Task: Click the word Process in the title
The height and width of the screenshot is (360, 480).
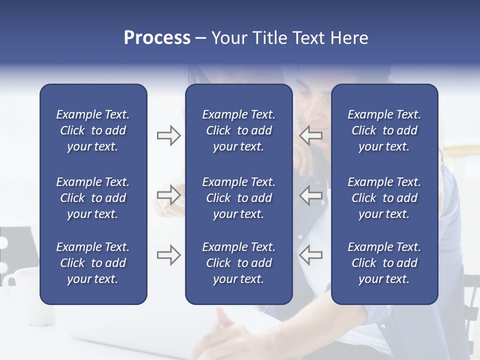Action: [x=157, y=38]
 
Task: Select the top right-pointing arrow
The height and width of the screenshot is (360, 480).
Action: [x=168, y=135]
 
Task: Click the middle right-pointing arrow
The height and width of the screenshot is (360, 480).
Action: [x=168, y=195]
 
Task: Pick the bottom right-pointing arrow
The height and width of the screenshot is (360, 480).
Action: [x=168, y=255]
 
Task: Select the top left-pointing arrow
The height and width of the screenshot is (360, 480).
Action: [x=311, y=135]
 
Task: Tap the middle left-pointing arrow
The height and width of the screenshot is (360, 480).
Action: [x=311, y=195]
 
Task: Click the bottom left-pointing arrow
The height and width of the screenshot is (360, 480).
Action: [x=311, y=255]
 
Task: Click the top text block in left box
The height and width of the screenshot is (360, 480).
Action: [x=93, y=130]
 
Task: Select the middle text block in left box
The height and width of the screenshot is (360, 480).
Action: [x=93, y=198]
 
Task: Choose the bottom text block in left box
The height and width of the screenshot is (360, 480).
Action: [x=93, y=263]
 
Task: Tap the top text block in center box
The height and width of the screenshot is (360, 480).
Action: [x=239, y=130]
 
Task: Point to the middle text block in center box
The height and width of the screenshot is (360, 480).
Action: [x=239, y=198]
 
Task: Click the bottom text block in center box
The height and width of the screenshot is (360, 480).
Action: [x=239, y=263]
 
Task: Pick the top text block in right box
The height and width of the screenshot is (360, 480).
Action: [x=384, y=130]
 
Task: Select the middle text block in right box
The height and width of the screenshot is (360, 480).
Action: [x=384, y=198]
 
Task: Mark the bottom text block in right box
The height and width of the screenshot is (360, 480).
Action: [x=384, y=263]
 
